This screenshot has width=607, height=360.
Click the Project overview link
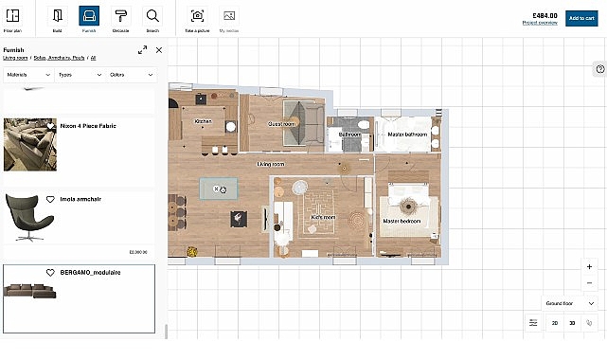[x=540, y=22]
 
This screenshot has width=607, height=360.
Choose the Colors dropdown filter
[x=132, y=73]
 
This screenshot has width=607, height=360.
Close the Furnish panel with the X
[x=159, y=50]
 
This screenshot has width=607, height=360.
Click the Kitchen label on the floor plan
[x=204, y=121]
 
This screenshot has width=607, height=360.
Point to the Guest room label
[x=281, y=124]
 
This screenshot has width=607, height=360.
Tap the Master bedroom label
[x=402, y=221]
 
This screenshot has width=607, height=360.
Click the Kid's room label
[x=324, y=217]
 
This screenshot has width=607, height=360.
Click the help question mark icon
[x=599, y=69]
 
